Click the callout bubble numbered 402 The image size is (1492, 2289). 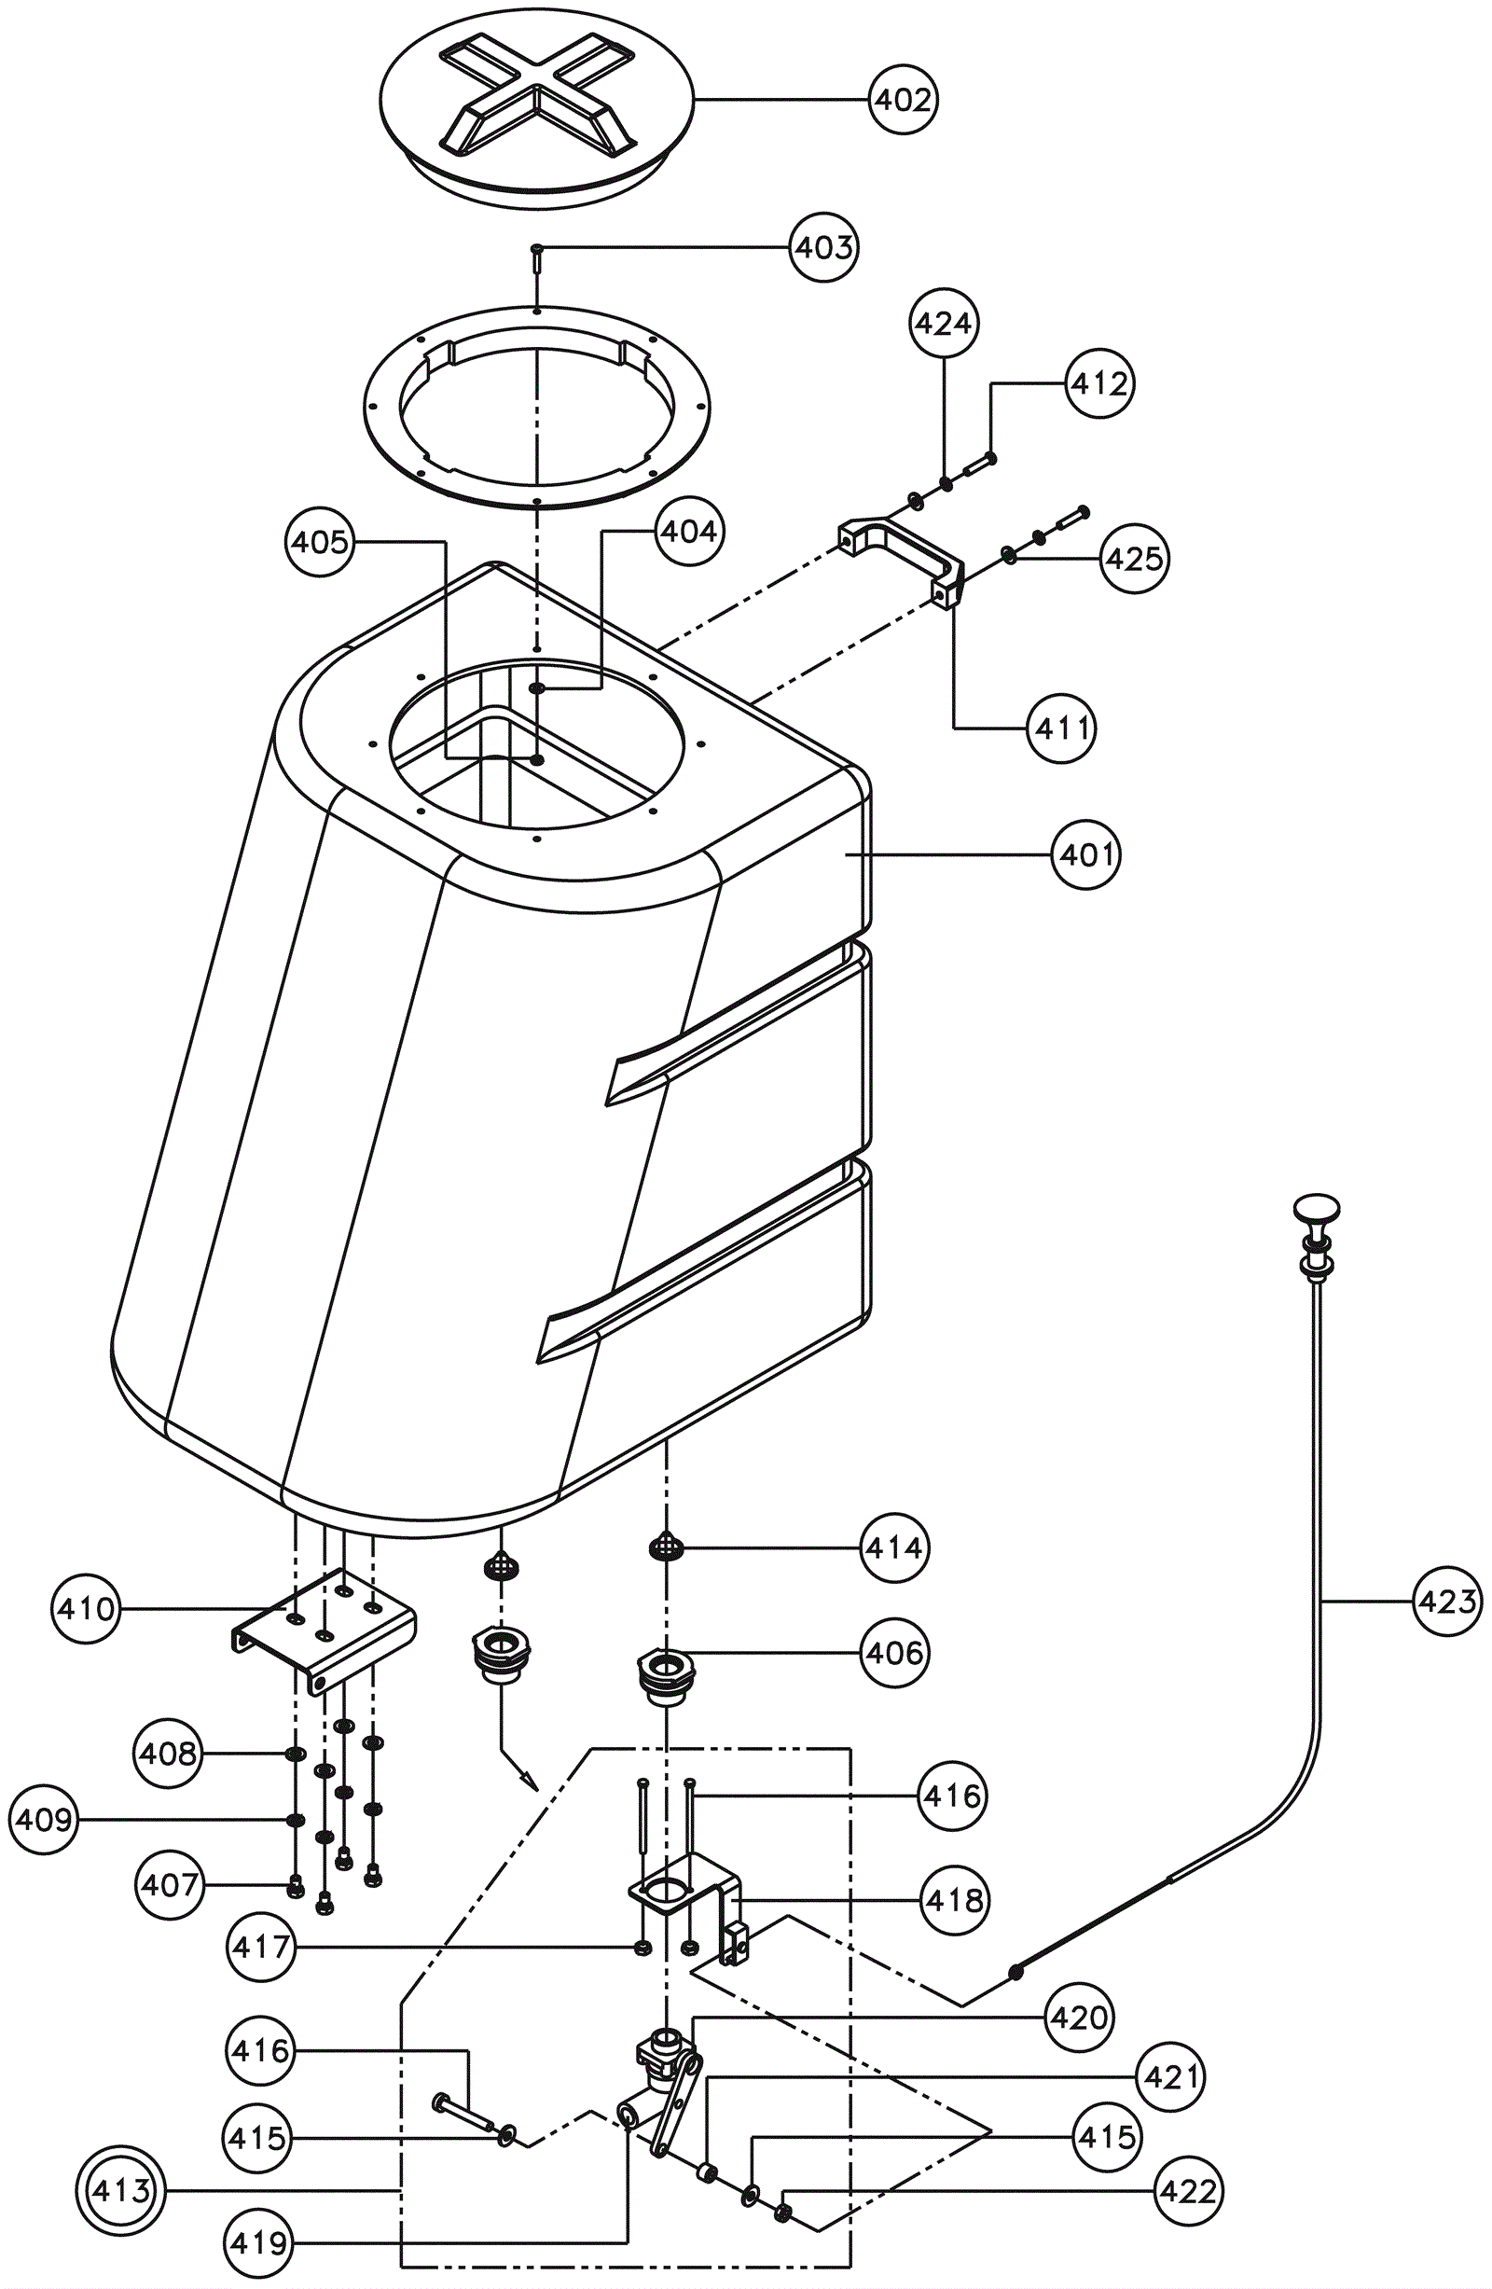[903, 99]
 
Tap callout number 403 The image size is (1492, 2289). [824, 247]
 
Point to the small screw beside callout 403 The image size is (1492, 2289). [536, 258]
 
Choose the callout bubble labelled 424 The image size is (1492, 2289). [943, 323]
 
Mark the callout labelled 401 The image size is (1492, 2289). [1087, 853]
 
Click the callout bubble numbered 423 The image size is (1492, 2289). [1448, 1602]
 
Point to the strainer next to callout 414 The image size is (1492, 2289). [665, 1547]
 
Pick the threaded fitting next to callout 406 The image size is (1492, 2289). [664, 1676]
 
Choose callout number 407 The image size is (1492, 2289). [169, 1884]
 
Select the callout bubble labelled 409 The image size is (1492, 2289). [44, 1820]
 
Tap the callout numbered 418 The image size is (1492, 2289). [954, 1899]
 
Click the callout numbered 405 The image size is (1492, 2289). [320, 543]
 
